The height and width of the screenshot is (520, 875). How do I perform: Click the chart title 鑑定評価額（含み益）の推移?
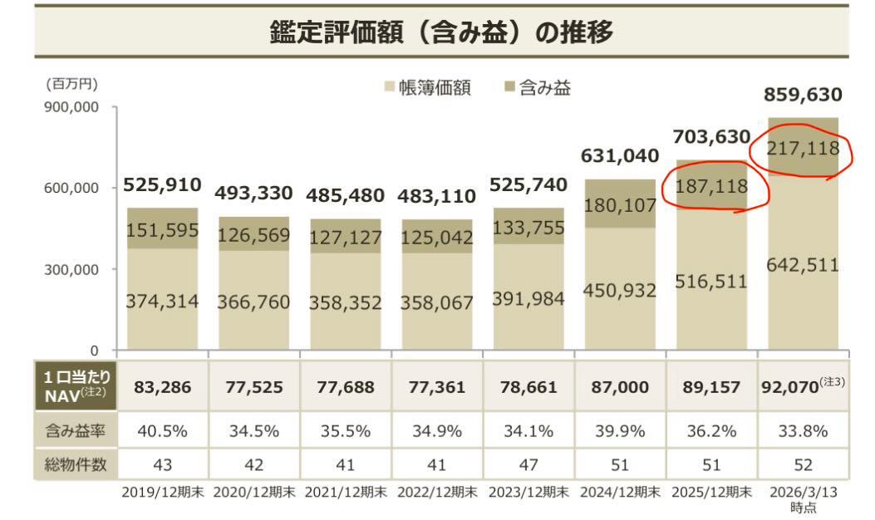pos(441,32)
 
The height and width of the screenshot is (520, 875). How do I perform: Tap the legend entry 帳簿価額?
pos(427,88)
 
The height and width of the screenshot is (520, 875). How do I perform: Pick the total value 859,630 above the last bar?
pos(804,95)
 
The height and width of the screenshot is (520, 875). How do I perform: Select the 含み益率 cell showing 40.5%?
pos(162,430)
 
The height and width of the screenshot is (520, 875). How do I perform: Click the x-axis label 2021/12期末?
pos(345,493)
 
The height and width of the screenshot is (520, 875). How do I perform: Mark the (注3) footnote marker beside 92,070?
pos(833,381)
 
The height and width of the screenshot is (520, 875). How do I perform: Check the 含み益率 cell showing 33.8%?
pos(803,430)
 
